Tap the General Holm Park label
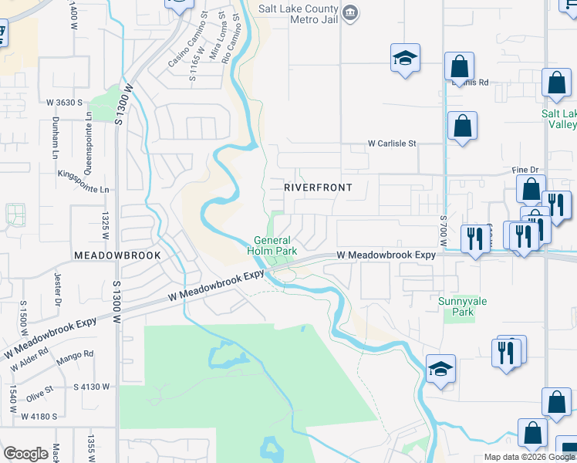(275, 245)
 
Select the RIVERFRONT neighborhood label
(318, 188)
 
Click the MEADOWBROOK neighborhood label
(117, 255)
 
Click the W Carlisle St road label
(391, 144)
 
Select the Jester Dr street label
(57, 294)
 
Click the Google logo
(25, 454)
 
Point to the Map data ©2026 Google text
(528, 457)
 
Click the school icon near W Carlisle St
(405, 59)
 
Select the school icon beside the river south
(440, 370)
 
